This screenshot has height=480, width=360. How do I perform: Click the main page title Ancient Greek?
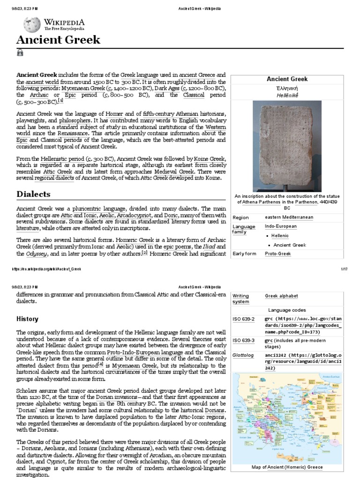click(58, 40)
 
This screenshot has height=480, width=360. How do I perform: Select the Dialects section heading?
click(33, 194)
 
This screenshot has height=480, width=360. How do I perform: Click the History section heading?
click(27, 319)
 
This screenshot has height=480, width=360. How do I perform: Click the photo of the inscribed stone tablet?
click(287, 146)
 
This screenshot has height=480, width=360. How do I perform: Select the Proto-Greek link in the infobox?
click(277, 254)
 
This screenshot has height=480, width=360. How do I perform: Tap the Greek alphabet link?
click(281, 296)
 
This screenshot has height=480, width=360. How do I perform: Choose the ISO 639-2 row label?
click(243, 319)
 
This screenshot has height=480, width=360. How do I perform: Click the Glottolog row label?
click(244, 355)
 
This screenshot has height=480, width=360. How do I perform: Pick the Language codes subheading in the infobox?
click(287, 310)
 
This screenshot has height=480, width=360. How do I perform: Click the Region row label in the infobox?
click(240, 217)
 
